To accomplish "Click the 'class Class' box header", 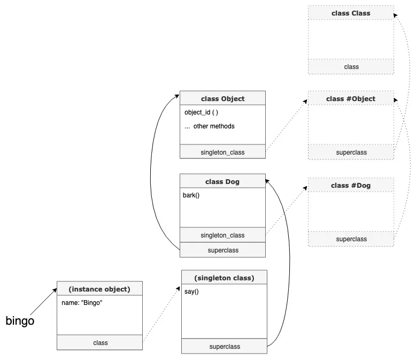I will pyautogui.click(x=351, y=13).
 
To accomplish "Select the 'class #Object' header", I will pyautogui.click(x=351, y=98).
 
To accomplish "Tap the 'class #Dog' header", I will pyautogui.click(x=351, y=186).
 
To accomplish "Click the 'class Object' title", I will pyautogui.click(x=222, y=98).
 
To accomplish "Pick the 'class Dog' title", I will pyautogui.click(x=222, y=181).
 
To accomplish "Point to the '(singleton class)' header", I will pyautogui.click(x=224, y=278).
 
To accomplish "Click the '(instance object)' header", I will pyautogui.click(x=99, y=289).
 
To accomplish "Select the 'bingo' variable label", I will pyautogui.click(x=20, y=321).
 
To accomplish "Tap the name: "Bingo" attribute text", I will pyautogui.click(x=82, y=303).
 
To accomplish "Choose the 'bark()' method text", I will pyautogui.click(x=191, y=195).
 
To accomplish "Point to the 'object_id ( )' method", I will pyautogui.click(x=201, y=112).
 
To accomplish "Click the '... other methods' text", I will pyautogui.click(x=209, y=126).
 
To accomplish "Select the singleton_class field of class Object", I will pyautogui.click(x=222, y=152).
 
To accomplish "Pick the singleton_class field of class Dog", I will pyautogui.click(x=222, y=235).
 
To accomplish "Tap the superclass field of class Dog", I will pyautogui.click(x=222, y=250).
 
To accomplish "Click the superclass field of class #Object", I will pyautogui.click(x=351, y=152).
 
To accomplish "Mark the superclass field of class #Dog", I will pyautogui.click(x=351, y=239).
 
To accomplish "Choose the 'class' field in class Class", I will pyautogui.click(x=351, y=66).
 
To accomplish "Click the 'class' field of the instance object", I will pyautogui.click(x=99, y=342).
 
